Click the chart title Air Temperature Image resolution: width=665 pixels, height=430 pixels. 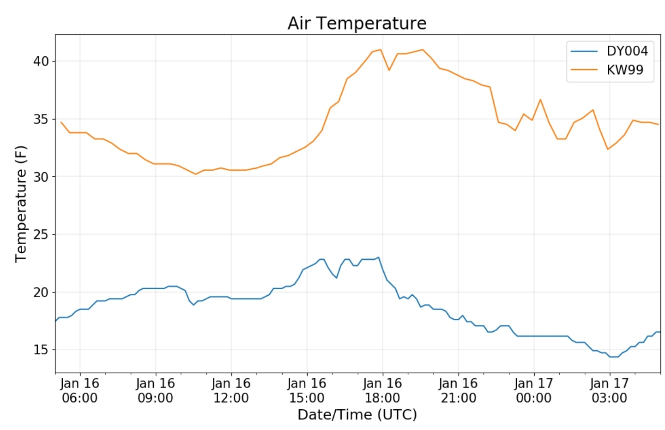357,23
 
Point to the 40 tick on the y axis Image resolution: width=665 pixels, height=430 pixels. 41,61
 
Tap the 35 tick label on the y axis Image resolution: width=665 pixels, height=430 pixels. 41,119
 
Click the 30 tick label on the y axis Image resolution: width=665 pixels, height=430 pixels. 41,177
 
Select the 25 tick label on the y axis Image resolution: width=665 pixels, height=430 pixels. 41,235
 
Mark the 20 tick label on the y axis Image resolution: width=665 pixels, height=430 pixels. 41,293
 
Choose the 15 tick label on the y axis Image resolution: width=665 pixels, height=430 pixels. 41,350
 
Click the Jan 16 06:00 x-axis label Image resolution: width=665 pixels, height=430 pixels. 80,390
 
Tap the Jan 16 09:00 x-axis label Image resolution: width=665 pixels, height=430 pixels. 156,390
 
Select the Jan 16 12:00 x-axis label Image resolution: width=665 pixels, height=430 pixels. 231,390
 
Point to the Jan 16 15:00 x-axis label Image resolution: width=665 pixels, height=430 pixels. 307,390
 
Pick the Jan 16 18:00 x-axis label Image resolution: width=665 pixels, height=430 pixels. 383,390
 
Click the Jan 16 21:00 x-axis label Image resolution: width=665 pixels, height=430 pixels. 459,390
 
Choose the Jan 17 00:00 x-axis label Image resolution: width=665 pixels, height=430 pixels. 534,390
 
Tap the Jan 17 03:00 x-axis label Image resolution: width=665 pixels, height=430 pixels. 610,390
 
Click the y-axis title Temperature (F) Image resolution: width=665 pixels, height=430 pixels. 21,204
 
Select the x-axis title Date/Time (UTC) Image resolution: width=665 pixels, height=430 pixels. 357,415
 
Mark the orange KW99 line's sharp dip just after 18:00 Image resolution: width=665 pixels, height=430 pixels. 389,70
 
